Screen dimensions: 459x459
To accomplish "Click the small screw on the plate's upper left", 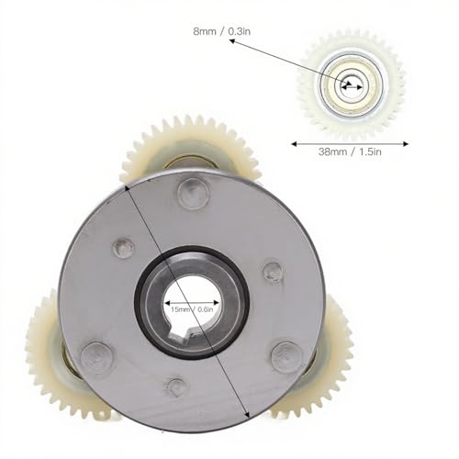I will pos(119,249).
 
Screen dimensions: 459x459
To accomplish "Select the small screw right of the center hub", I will pos(273,272).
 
